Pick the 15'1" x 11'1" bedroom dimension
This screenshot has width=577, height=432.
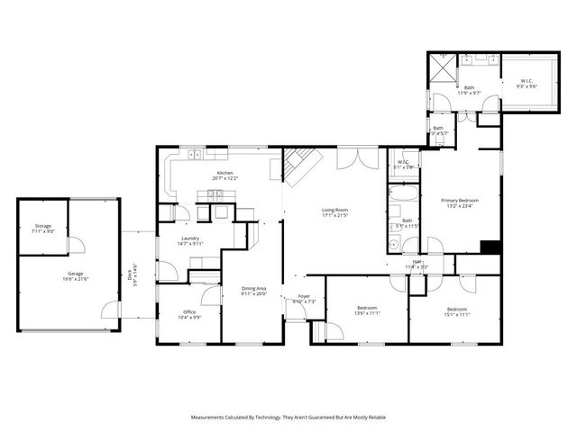[x=456, y=315]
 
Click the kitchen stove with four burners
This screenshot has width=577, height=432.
[x=217, y=193]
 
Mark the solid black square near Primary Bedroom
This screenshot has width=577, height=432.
[x=490, y=247]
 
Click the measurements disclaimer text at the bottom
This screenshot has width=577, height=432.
[x=288, y=417]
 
